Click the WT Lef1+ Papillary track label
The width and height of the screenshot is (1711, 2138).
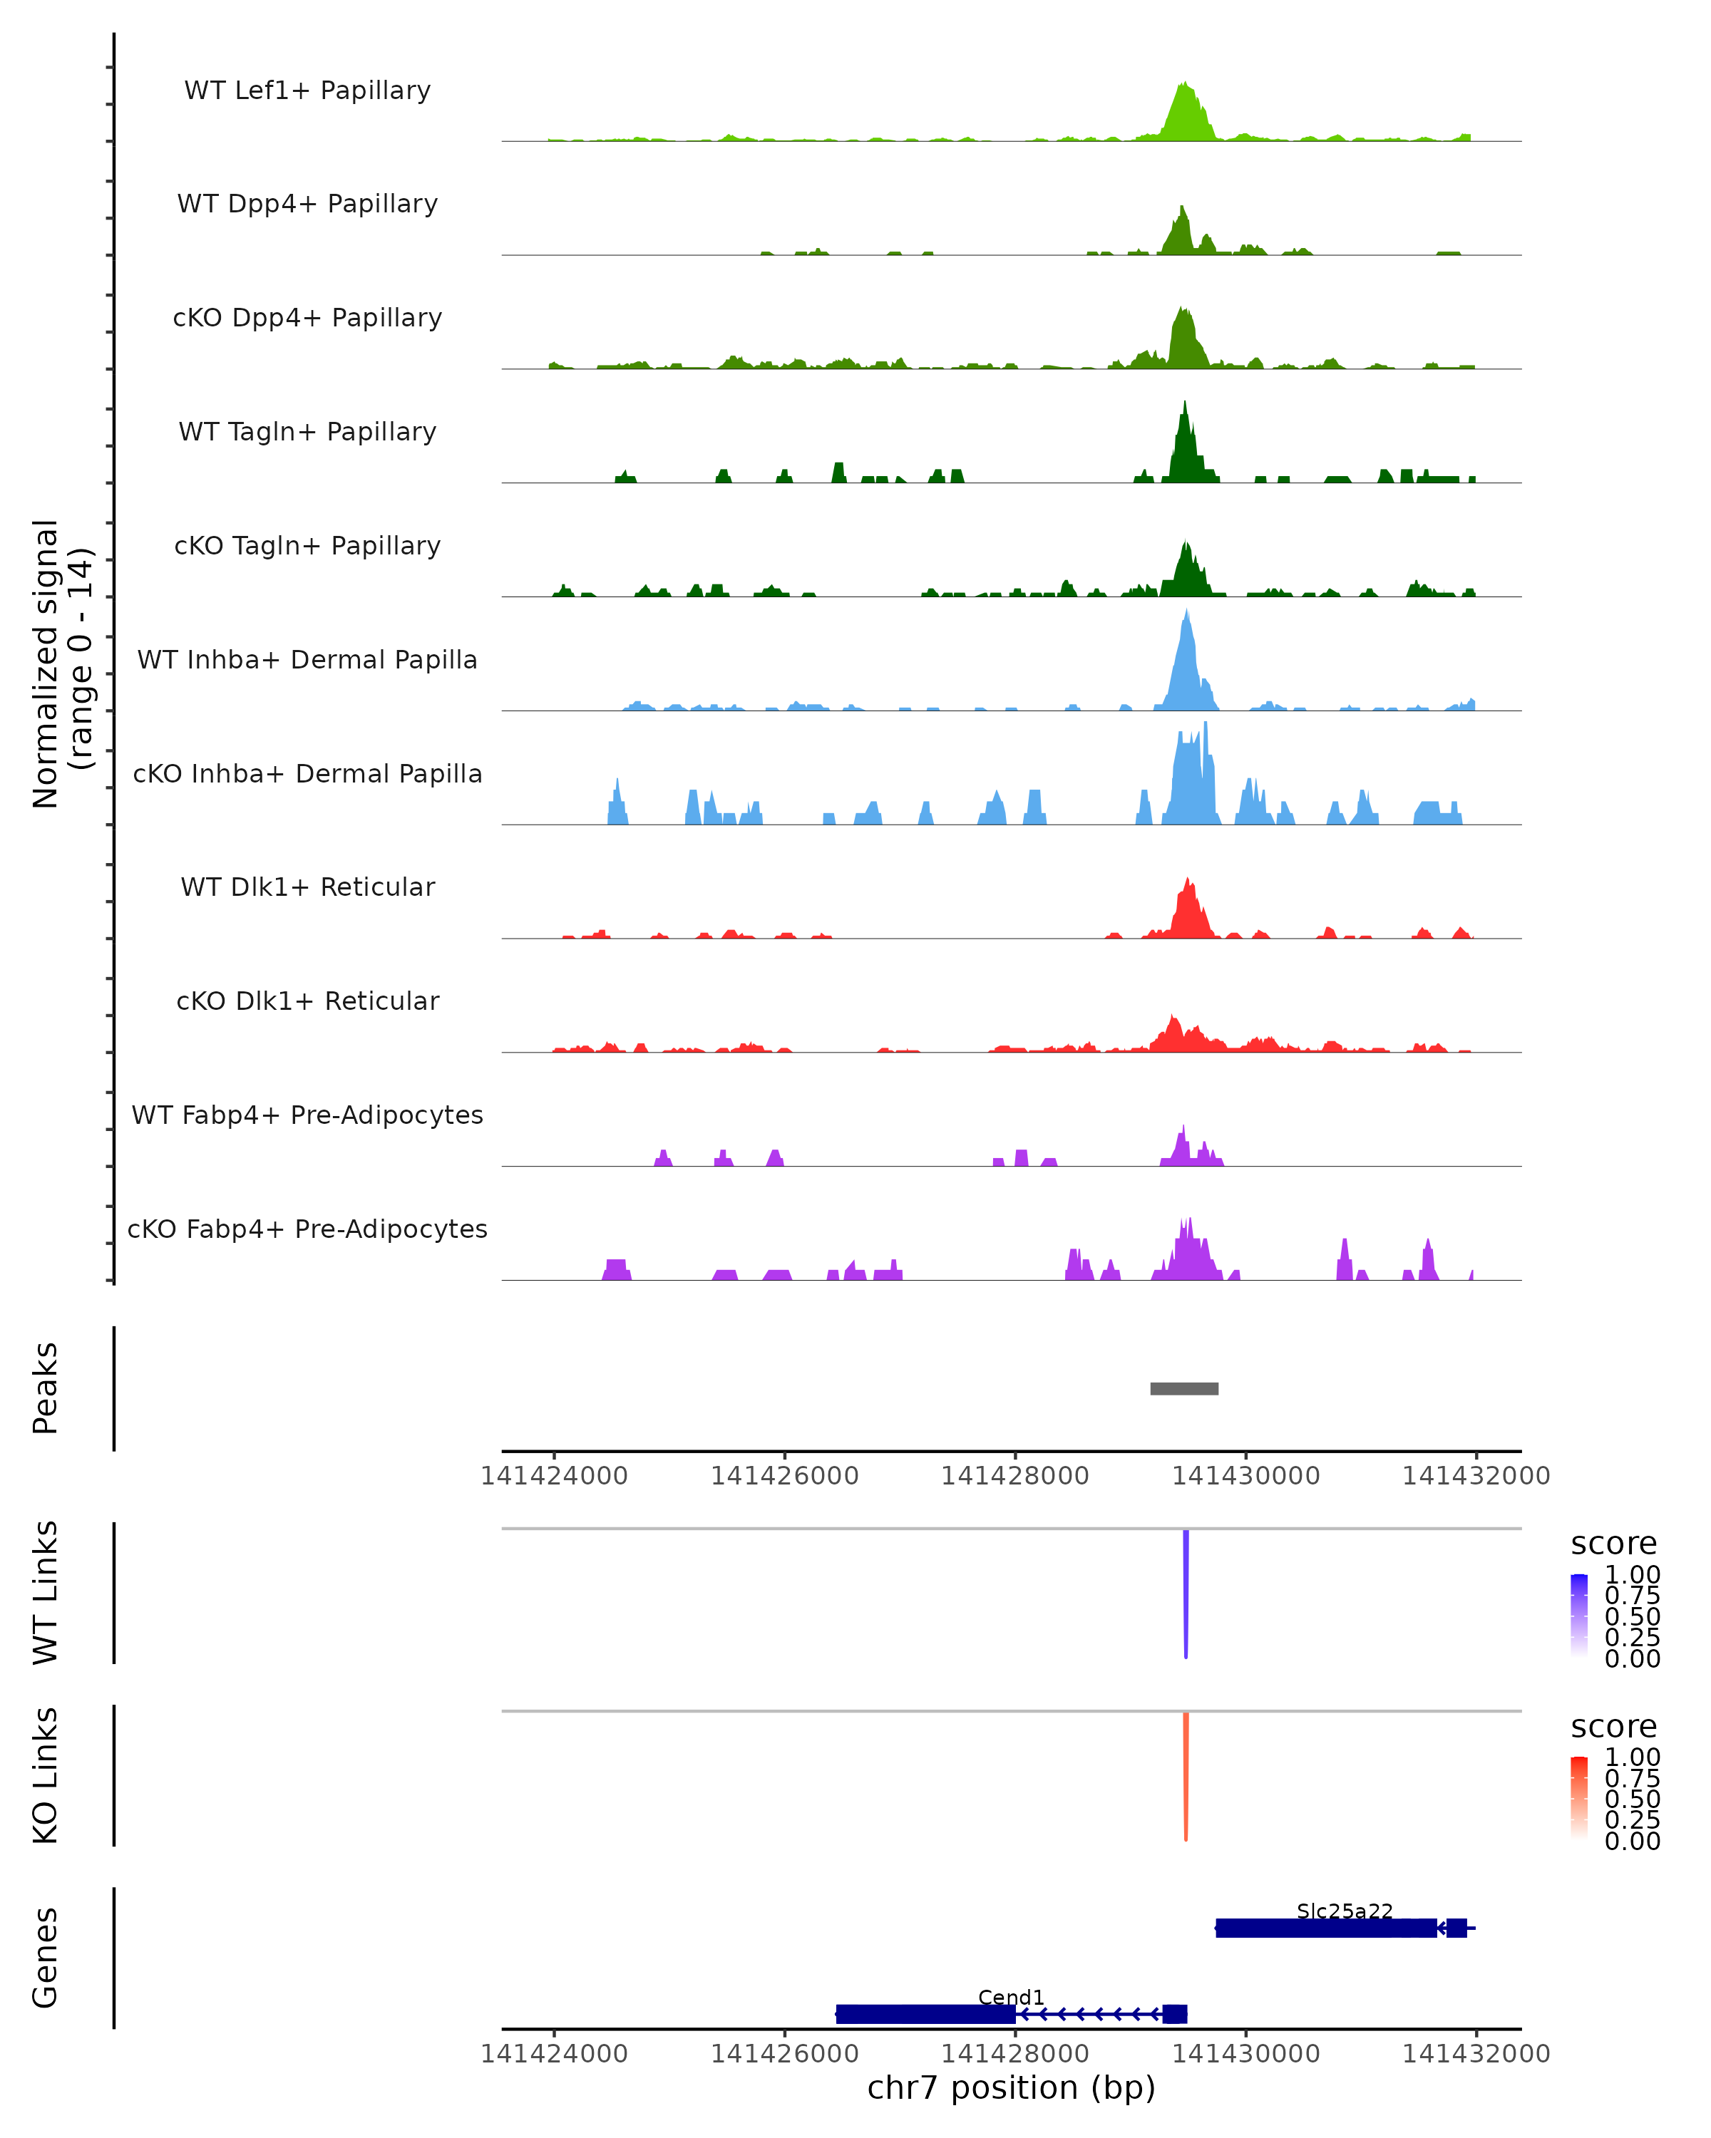[x=307, y=91]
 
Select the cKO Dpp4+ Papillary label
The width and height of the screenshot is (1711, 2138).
[x=307, y=319]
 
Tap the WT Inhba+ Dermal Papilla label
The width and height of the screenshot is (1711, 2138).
[x=307, y=661]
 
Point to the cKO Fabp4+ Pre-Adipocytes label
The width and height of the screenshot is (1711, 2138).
[x=307, y=1229]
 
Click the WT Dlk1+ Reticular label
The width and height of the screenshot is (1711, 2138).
[x=307, y=887]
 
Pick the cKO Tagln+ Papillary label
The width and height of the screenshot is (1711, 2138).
[x=307, y=547]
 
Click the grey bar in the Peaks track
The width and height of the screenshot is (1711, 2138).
[x=1184, y=1389]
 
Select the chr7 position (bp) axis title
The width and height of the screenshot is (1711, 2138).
[x=1011, y=2087]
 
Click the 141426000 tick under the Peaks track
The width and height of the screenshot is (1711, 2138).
[x=785, y=1477]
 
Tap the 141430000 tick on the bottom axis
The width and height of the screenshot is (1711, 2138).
[x=1245, y=2054]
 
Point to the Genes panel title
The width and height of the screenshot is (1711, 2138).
[x=46, y=1958]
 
